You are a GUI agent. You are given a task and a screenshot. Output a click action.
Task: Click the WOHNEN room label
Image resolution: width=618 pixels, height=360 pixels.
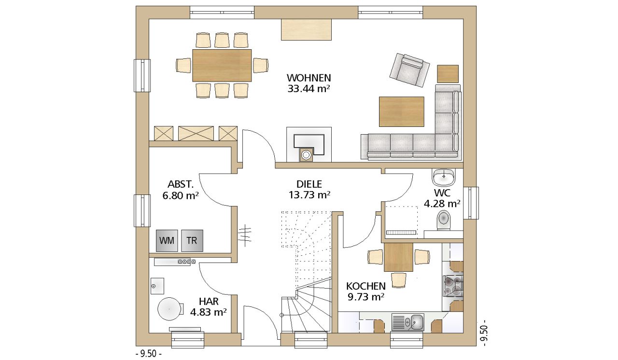(309, 78)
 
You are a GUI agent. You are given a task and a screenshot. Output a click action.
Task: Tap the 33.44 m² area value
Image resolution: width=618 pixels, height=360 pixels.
(309, 89)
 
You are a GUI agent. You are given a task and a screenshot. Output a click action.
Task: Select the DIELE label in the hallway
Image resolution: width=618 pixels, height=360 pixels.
(309, 184)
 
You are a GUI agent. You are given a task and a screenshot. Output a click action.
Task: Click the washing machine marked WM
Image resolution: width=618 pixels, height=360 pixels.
(167, 241)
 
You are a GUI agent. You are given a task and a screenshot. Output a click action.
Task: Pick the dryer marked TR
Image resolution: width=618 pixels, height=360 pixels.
(192, 241)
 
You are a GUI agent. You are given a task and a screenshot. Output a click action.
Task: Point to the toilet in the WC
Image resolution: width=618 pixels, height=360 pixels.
(443, 220)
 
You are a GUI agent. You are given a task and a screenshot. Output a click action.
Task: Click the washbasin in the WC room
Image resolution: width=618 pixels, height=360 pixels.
(444, 177)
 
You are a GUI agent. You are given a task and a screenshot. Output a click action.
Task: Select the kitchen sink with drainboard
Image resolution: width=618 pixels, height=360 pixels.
(408, 322)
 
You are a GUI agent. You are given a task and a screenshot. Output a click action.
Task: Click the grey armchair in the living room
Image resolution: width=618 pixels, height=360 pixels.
(410, 70)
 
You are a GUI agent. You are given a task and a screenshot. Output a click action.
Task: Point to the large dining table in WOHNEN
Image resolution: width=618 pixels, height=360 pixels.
(222, 65)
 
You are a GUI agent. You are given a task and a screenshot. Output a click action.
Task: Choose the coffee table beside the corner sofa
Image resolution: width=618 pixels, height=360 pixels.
(401, 111)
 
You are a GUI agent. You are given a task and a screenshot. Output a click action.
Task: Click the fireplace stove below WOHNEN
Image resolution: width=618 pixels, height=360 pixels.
(309, 145)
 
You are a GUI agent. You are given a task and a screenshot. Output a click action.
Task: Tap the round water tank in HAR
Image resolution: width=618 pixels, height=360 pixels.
(169, 309)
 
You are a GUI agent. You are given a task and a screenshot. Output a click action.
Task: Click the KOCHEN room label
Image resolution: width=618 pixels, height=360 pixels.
(366, 286)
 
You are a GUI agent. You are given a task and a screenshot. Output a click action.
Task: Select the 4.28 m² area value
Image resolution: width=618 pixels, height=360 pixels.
(442, 204)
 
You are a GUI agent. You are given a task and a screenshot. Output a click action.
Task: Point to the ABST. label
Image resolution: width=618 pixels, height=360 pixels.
(181, 184)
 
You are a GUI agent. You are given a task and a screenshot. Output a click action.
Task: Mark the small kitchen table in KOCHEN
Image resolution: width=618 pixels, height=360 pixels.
(398, 257)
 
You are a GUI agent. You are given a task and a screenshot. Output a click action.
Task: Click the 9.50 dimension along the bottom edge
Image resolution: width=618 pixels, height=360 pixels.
(149, 353)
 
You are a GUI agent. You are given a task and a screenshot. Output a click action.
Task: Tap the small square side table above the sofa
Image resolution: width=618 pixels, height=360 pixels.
(448, 74)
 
